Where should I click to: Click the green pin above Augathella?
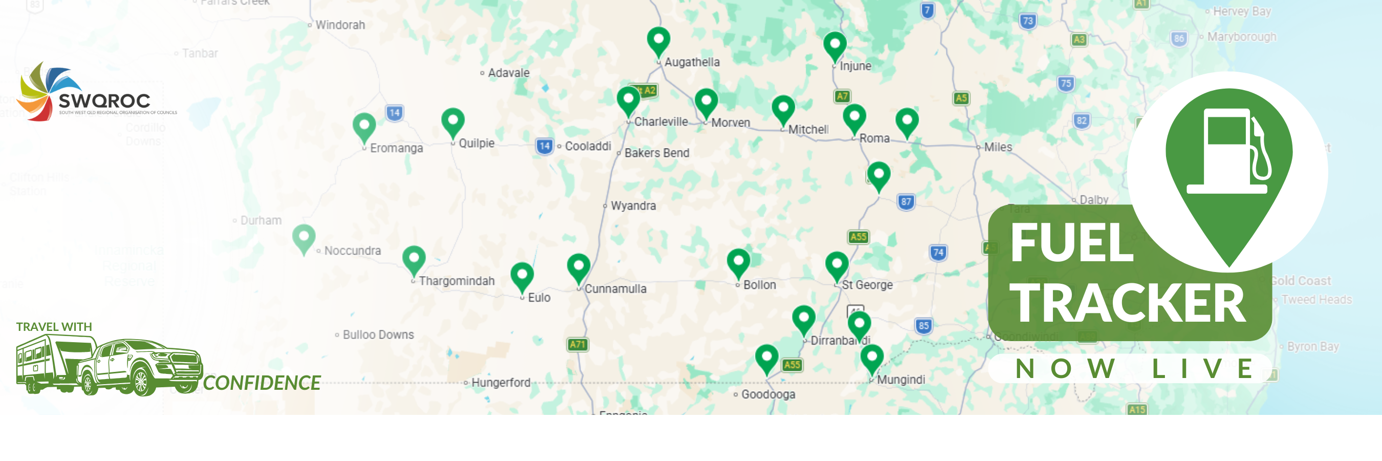click(x=658, y=40)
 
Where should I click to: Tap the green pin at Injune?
click(x=835, y=45)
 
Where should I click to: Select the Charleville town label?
click(x=660, y=122)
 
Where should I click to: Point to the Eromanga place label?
click(x=396, y=148)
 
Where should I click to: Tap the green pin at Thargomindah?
click(x=414, y=259)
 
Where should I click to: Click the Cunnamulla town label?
click(x=615, y=289)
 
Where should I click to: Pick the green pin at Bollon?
click(x=738, y=262)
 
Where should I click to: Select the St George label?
click(x=867, y=285)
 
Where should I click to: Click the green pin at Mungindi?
click(x=872, y=358)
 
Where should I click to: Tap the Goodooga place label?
click(x=768, y=394)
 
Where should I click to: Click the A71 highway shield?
click(x=577, y=344)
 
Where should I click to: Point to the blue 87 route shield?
click(x=905, y=202)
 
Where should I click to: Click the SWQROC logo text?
click(x=104, y=100)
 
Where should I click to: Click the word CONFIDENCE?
click(x=262, y=383)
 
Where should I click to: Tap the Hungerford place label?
click(x=500, y=383)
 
